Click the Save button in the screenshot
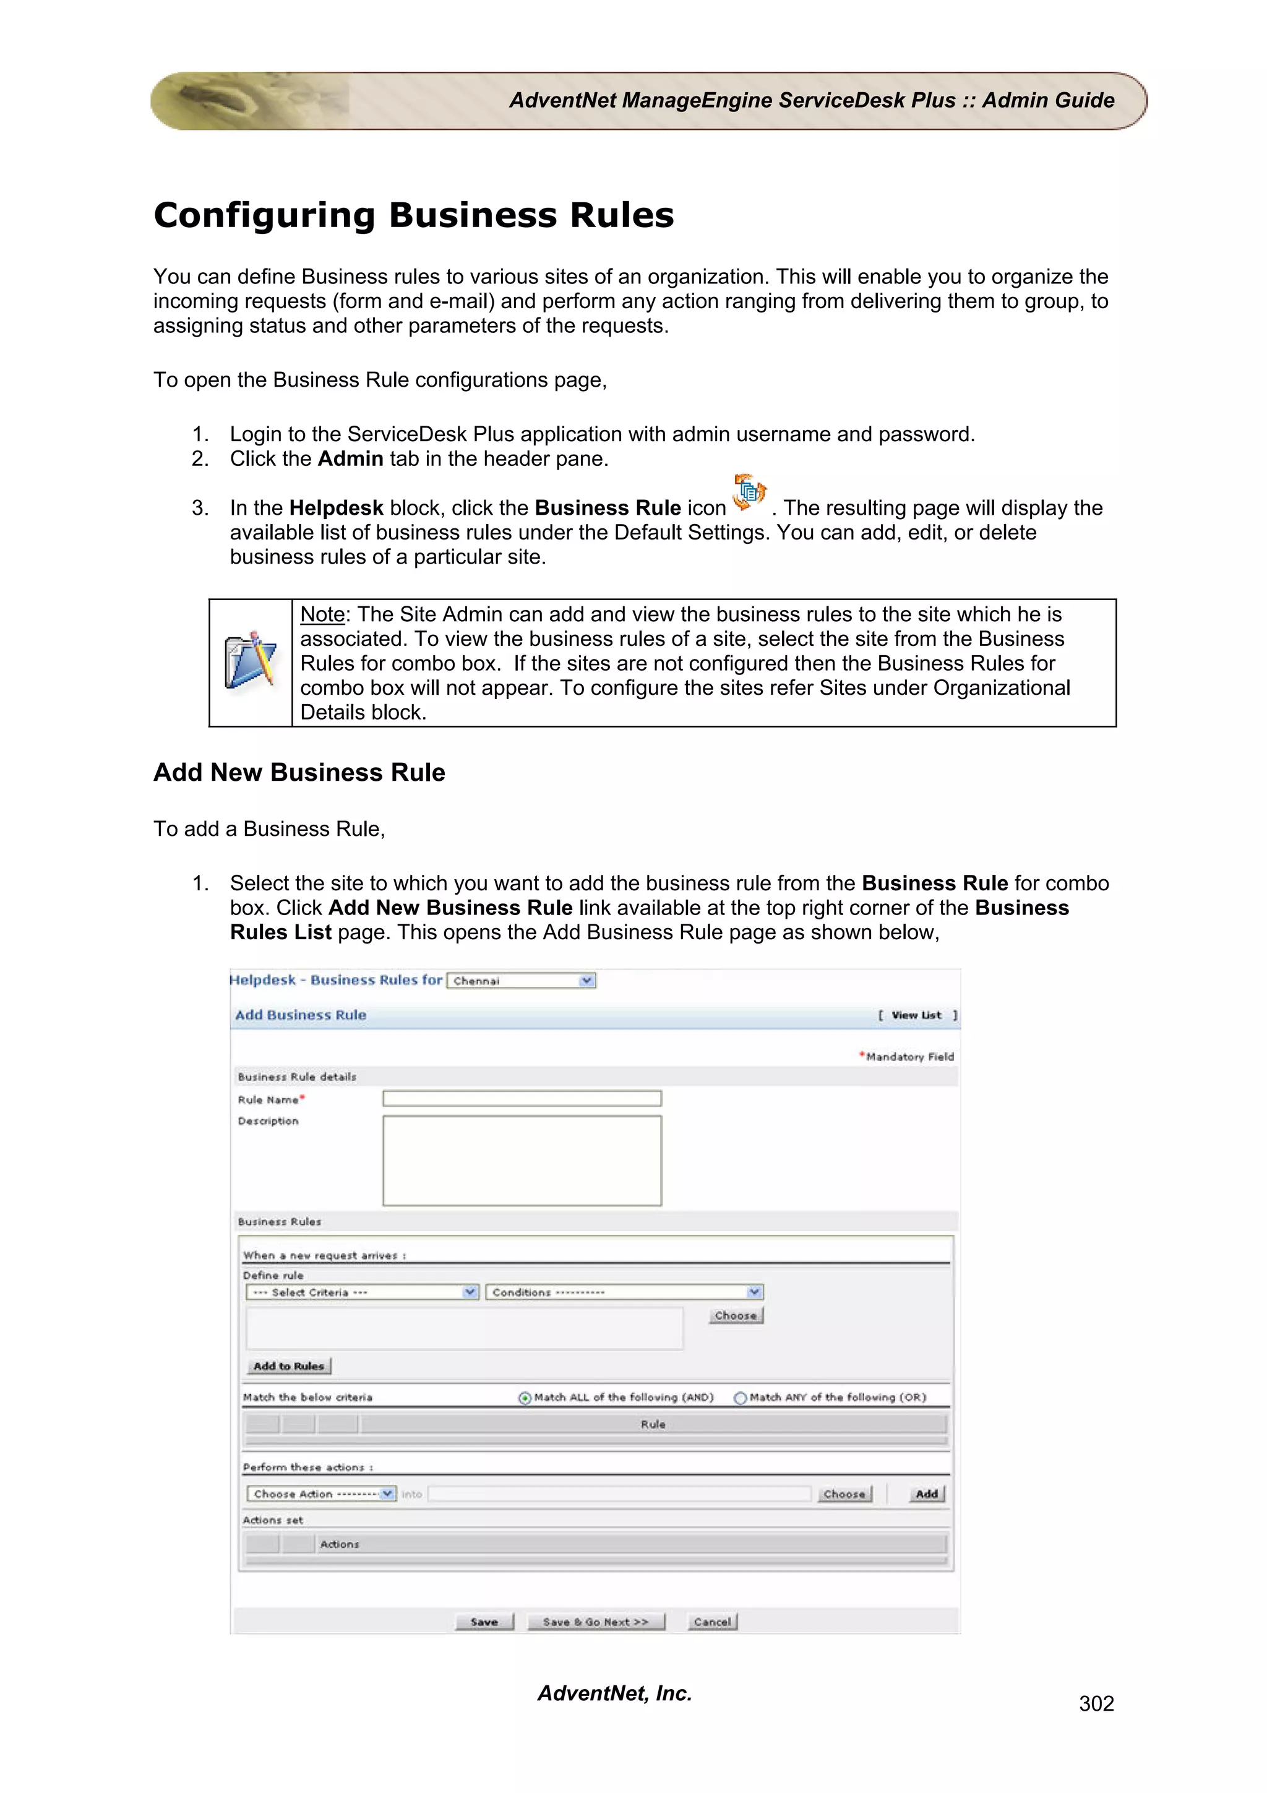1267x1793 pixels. (x=484, y=1622)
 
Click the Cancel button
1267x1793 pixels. (x=712, y=1622)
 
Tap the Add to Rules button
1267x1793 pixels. (x=289, y=1366)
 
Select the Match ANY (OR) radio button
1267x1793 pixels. (x=740, y=1398)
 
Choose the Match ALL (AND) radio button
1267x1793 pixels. (x=525, y=1398)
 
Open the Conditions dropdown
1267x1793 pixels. (x=624, y=1292)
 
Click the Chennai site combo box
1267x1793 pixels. (x=521, y=981)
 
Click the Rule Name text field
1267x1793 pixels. (x=522, y=1099)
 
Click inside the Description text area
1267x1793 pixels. (x=522, y=1161)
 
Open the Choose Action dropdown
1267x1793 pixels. (x=321, y=1494)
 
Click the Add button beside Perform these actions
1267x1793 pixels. (x=927, y=1494)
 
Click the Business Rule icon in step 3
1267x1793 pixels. (x=749, y=492)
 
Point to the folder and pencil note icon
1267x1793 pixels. (x=251, y=661)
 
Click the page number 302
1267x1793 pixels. (x=1096, y=1704)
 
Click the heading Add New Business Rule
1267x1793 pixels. (x=299, y=772)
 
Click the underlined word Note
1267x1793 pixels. (x=322, y=614)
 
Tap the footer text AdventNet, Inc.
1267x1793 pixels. (x=614, y=1693)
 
